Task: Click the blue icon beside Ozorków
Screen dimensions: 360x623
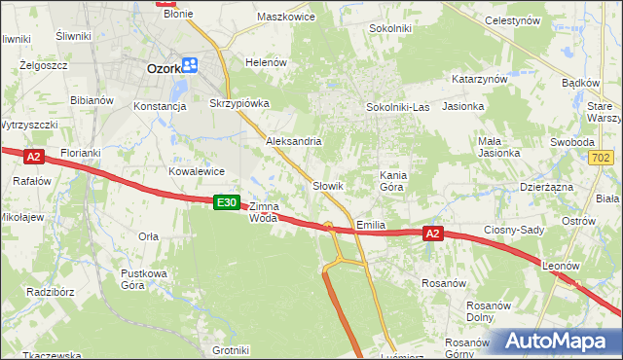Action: (x=190, y=66)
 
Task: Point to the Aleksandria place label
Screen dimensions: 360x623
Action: (x=294, y=141)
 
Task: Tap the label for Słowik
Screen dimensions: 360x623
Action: (x=328, y=185)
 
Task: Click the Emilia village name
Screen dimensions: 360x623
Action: (x=371, y=225)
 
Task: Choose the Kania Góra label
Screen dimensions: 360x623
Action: (x=391, y=180)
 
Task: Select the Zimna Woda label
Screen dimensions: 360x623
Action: (x=264, y=212)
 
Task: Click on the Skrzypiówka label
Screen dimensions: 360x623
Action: (x=239, y=103)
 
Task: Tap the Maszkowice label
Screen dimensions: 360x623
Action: (x=283, y=17)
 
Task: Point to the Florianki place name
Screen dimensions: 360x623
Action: (x=81, y=154)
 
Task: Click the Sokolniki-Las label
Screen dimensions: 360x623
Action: (x=397, y=106)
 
